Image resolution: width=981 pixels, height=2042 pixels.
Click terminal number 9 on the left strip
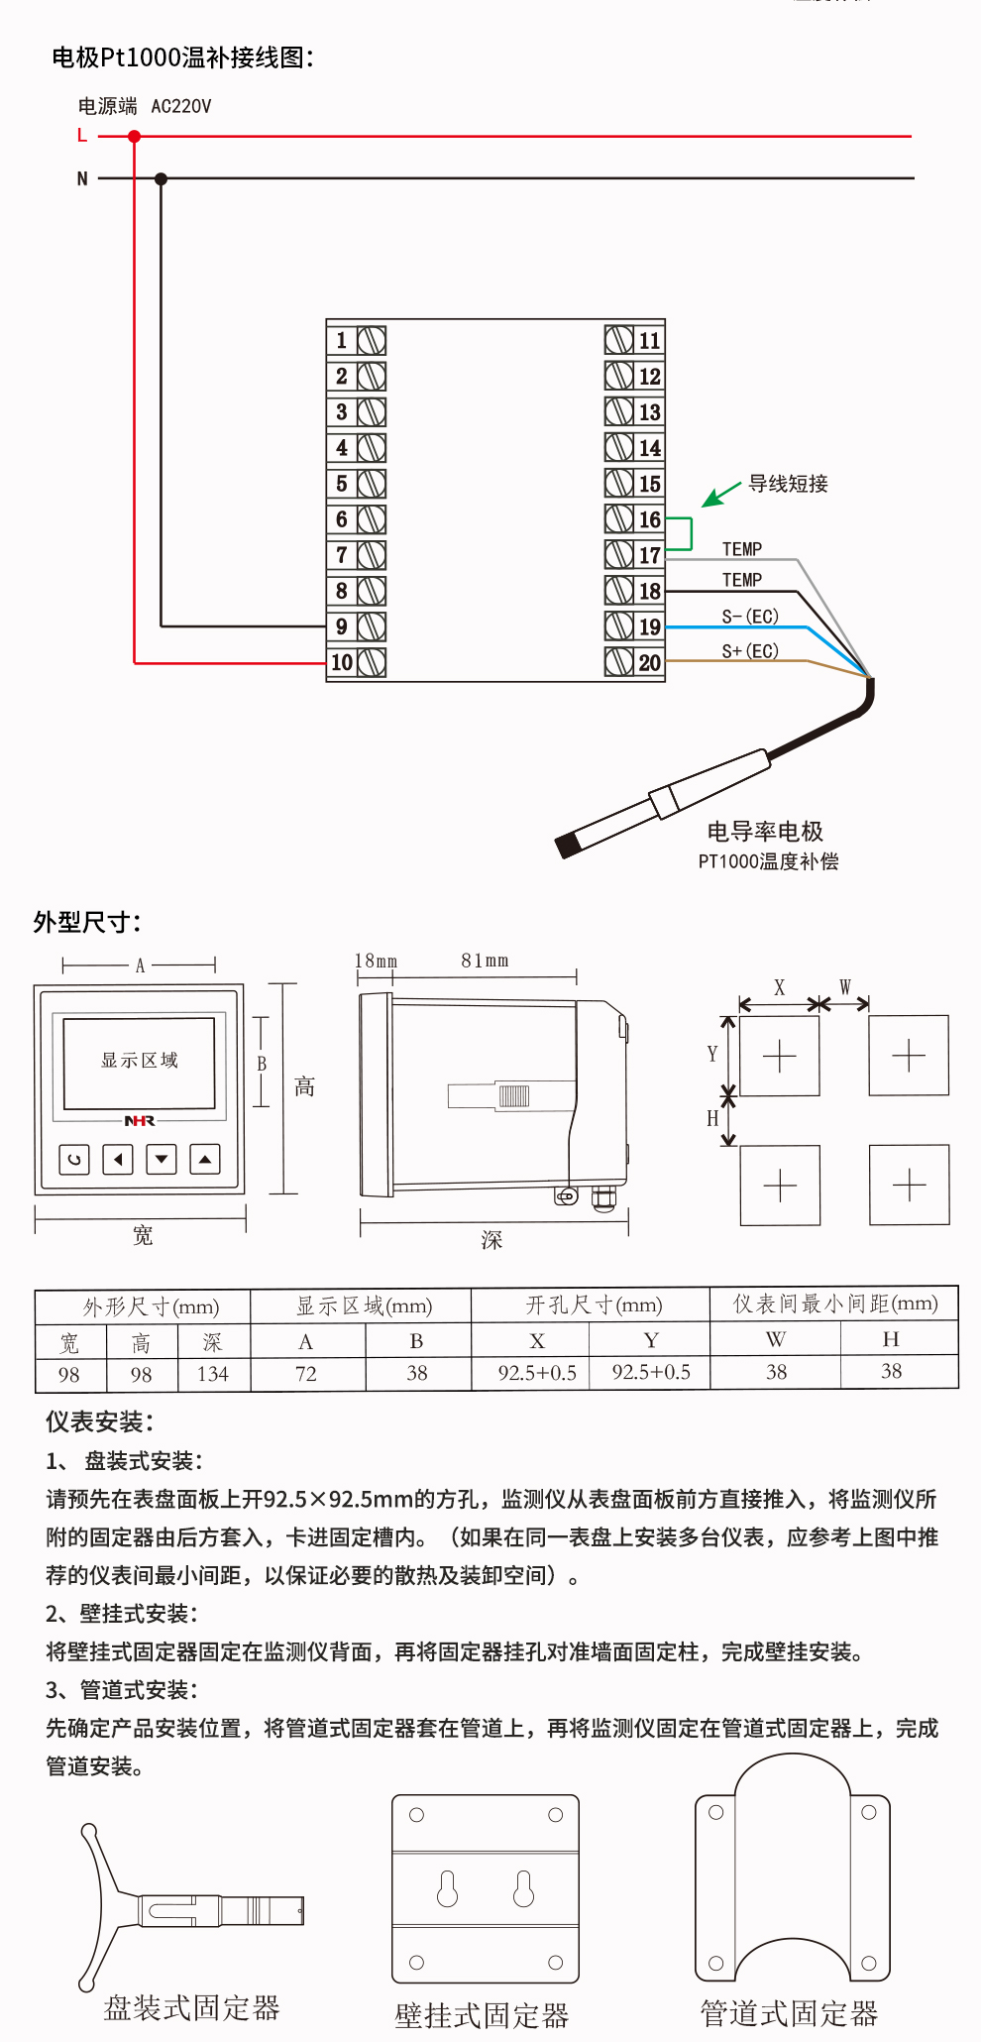pos(342,626)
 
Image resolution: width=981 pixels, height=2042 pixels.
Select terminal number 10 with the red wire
pos(342,662)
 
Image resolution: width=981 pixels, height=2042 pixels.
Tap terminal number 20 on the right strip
pos(649,662)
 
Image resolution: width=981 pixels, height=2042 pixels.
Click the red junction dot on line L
pos(134,136)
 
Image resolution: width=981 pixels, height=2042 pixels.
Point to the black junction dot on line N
pos(161,178)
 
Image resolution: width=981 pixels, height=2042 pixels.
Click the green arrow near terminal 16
pos(721,494)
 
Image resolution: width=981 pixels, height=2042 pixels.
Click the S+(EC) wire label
pos(750,651)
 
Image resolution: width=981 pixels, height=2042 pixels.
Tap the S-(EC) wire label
pos(750,617)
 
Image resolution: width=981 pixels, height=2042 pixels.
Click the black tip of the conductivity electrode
pos(568,846)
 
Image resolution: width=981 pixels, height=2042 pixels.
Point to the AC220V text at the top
pos(180,106)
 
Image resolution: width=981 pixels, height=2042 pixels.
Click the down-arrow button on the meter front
pos(162,1158)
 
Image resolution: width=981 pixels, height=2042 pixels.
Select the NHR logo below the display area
pos(140,1121)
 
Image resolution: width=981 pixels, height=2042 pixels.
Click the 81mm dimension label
pos(485,961)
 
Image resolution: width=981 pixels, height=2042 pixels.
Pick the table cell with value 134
pos(212,1374)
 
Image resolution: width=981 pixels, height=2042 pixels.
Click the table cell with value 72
pos(306,1374)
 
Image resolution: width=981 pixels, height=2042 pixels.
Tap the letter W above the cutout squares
pos(845,986)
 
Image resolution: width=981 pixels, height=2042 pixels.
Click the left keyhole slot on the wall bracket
pos(448,1889)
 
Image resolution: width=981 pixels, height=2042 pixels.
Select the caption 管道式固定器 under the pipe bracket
pos(789,2013)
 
